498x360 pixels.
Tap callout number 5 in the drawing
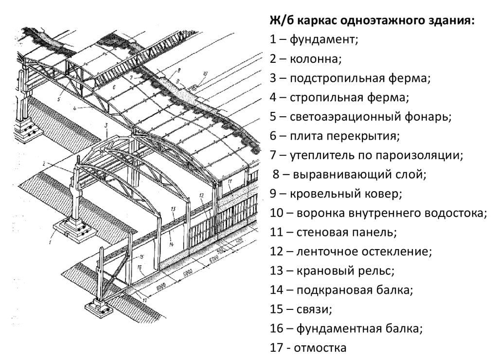58,100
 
